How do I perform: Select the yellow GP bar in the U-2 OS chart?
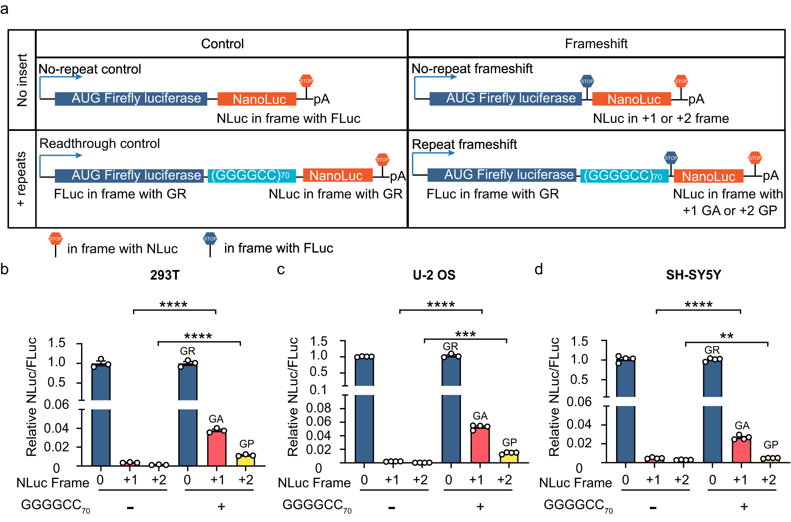(509, 458)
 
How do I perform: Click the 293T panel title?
(165, 275)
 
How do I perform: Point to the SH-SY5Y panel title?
(693, 275)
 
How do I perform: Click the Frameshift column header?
(596, 43)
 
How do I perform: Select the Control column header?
(222, 43)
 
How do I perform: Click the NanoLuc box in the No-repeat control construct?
(257, 99)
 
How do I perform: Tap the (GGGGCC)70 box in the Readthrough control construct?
(252, 175)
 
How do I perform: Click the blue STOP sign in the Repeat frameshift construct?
(671, 158)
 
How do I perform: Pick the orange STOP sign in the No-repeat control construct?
(306, 81)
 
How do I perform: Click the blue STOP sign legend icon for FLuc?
(210, 238)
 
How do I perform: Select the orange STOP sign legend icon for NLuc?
(55, 238)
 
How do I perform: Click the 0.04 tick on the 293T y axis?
(56, 428)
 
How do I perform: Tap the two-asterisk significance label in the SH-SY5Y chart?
(727, 336)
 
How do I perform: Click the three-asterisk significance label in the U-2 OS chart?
(465, 334)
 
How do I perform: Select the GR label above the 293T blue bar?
(187, 351)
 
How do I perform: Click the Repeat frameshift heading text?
(464, 144)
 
